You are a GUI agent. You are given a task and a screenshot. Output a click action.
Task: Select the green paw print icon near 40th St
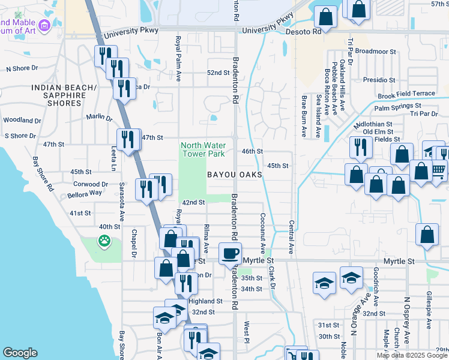pos(104,241)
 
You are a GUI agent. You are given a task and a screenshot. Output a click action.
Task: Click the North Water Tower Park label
pos(203,149)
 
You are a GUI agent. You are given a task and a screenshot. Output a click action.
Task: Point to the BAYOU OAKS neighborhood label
pos(235,175)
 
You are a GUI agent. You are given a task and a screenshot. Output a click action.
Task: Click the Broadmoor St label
pos(376,52)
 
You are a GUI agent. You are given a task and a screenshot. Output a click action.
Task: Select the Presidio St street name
pos(379,79)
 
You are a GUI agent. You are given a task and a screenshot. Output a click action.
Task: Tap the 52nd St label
pos(218,73)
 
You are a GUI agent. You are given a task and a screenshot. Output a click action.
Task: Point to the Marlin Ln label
pos(99,116)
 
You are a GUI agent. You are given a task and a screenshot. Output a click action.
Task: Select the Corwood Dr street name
pos(92,184)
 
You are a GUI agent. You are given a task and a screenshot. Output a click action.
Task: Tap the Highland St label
pos(205,301)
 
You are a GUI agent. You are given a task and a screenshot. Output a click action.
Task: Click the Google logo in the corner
pos(20,353)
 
